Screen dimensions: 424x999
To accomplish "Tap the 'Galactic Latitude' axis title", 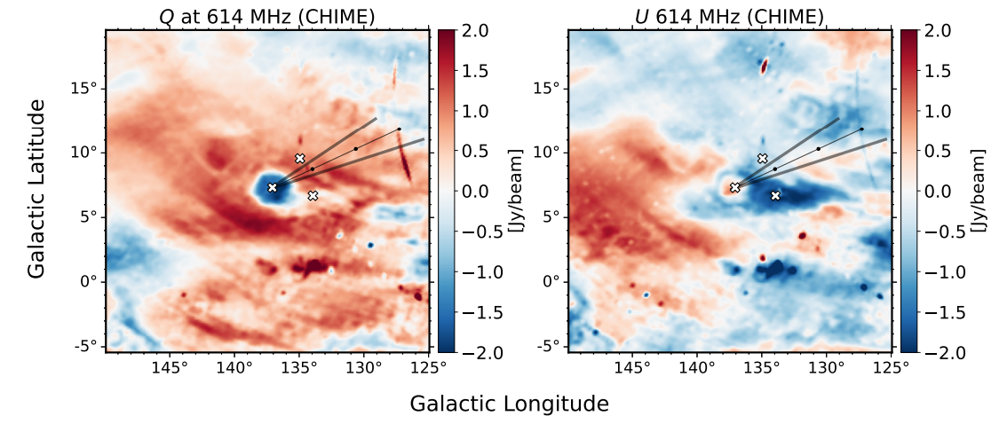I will (x=36, y=189).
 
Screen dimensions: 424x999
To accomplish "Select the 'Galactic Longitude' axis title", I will (x=509, y=404).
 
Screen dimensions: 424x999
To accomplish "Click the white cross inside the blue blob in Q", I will (x=273, y=187).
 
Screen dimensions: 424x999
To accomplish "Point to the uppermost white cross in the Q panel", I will (x=300, y=158).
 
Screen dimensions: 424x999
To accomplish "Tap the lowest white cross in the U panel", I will (x=775, y=195).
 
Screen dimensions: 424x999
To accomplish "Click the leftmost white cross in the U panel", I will (x=735, y=187).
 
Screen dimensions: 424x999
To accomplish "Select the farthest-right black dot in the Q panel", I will (x=399, y=130).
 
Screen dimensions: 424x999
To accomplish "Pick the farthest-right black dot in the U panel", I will (x=861, y=130).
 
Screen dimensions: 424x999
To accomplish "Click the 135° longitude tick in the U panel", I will (x=761, y=366).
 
